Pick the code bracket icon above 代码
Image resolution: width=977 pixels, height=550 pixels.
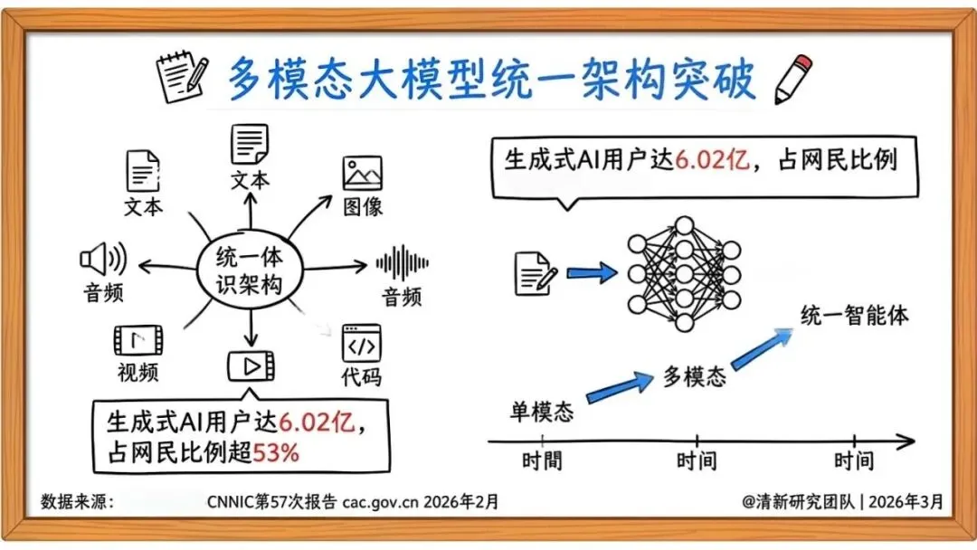click(361, 343)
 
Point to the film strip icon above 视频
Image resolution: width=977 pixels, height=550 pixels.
click(138, 340)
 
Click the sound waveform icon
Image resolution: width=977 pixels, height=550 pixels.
click(403, 263)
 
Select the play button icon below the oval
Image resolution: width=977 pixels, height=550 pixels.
click(250, 365)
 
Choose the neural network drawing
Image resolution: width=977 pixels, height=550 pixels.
click(684, 272)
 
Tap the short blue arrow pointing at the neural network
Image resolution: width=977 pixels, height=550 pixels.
click(591, 271)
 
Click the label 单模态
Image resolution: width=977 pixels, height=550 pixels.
click(542, 412)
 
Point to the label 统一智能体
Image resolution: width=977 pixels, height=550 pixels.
click(854, 316)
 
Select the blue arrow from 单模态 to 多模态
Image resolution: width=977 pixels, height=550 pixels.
click(620, 385)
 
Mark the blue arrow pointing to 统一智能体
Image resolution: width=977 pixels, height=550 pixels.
click(762, 348)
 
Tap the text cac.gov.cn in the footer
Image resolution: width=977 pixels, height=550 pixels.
click(381, 501)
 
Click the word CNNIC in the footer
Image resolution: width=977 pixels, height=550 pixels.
click(230, 501)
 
